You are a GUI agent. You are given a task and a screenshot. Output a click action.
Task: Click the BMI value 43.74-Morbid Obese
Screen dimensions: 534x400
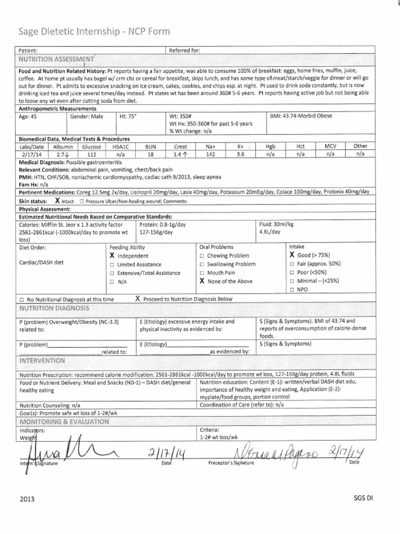click(302, 116)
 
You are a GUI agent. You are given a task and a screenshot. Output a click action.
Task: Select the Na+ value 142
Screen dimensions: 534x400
click(210, 154)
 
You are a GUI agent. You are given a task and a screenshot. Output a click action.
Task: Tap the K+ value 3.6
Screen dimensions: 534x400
click(240, 154)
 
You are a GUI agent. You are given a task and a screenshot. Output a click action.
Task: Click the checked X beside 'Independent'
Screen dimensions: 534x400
click(112, 256)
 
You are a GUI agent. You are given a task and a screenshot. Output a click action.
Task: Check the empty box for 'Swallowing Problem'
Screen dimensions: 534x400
click(202, 264)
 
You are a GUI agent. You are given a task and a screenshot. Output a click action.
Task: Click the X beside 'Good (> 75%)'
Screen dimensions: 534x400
click(292, 256)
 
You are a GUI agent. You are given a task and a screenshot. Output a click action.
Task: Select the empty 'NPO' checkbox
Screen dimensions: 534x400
click(292, 289)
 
